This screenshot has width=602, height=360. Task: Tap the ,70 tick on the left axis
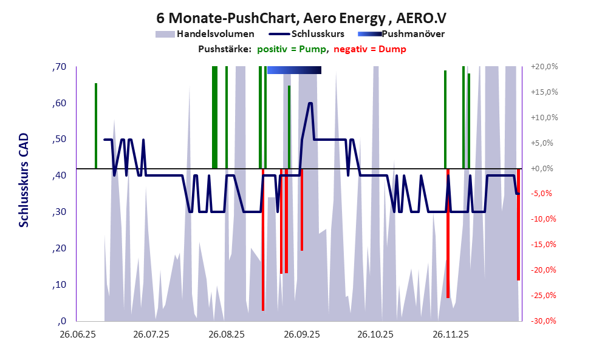pos(59,67)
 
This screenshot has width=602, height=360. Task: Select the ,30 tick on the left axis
pos(59,212)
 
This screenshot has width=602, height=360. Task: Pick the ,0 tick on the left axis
pos(61,321)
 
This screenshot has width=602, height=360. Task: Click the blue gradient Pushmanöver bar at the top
pos(294,70)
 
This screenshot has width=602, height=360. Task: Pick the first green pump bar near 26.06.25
pos(96,126)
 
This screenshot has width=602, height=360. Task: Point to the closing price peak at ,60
pos(310,103)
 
